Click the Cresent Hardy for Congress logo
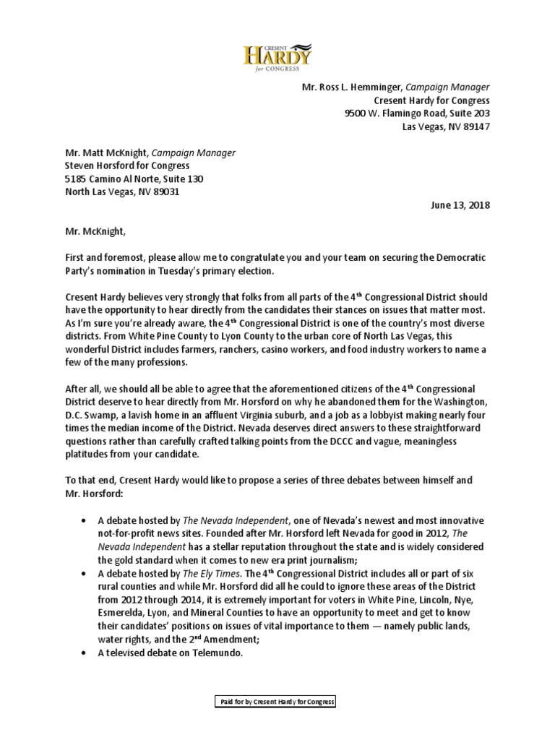pyautogui.click(x=277, y=56)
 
